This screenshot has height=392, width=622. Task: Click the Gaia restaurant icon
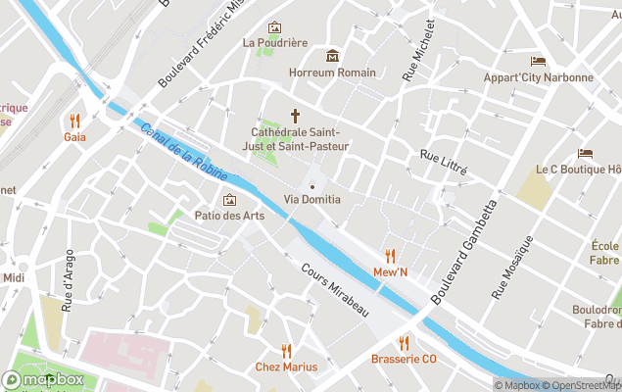pos(74,121)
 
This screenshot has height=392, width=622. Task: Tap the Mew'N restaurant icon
pos(390,256)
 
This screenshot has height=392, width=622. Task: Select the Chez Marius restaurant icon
pos(286,350)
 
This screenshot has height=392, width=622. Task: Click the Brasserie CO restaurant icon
pos(404,342)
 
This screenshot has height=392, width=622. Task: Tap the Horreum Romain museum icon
pos(332,56)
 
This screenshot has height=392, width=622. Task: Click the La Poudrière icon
pos(274,27)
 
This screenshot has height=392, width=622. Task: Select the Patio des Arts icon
pos(229,200)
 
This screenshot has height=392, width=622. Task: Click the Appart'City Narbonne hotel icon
pos(538,62)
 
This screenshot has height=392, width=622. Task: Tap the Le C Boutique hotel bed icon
pos(585,154)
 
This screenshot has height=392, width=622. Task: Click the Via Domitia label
pos(312,200)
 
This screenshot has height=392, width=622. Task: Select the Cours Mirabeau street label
pos(335,288)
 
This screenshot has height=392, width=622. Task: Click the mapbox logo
pos(44,379)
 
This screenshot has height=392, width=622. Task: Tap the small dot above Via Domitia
pos(312,186)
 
